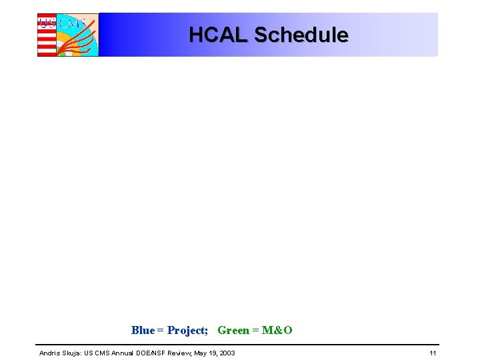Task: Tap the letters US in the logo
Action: point(47,23)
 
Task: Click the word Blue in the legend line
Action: point(143,330)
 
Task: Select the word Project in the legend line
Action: point(187,330)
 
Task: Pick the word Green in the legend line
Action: point(233,330)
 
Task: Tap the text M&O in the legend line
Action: point(277,330)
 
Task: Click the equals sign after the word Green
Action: point(256,330)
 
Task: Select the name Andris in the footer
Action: point(49,353)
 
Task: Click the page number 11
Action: point(433,353)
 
